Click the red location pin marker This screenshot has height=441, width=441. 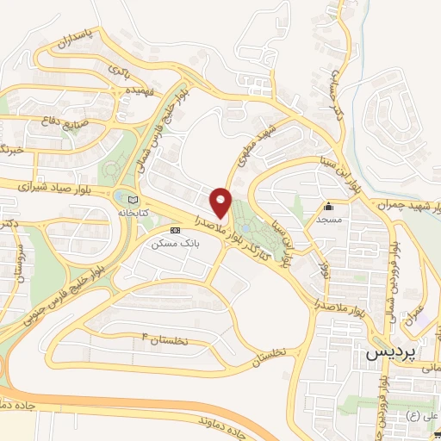(x=221, y=202)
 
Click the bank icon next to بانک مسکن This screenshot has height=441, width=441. (x=176, y=231)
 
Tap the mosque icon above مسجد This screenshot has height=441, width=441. (x=328, y=208)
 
